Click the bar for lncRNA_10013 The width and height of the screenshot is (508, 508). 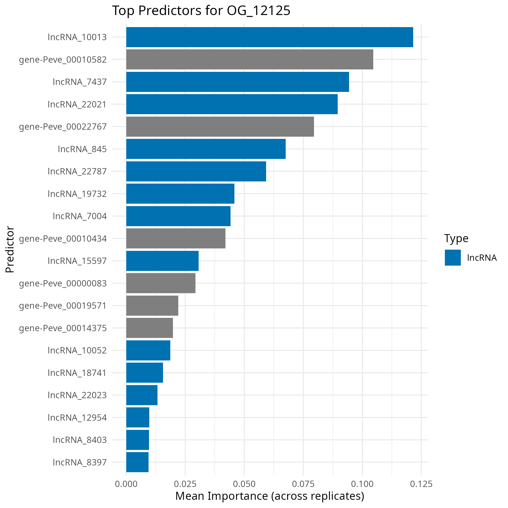click(x=269, y=37)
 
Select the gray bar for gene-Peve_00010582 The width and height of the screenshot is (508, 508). click(x=250, y=60)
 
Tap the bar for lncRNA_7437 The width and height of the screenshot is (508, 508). click(x=238, y=82)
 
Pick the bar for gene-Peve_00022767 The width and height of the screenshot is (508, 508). click(x=220, y=127)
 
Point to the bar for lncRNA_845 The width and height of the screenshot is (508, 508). click(x=206, y=149)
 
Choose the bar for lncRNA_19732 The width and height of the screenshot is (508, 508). click(x=180, y=194)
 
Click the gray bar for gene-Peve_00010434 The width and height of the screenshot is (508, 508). click(x=176, y=239)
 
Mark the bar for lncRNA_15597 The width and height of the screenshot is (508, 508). click(x=162, y=261)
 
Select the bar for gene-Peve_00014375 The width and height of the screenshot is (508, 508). click(x=149, y=328)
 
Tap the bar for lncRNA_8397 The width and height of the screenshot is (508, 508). click(x=137, y=462)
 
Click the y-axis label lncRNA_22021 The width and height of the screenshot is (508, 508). click(x=77, y=105)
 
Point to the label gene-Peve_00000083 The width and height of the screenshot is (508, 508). click(x=63, y=284)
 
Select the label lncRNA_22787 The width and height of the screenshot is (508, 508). click(x=77, y=172)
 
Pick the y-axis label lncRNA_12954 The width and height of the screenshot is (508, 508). click(x=77, y=418)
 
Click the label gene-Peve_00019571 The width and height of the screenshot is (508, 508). click(x=63, y=306)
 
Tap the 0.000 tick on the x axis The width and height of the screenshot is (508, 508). click(x=126, y=484)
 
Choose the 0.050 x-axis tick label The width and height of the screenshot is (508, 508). click(x=244, y=484)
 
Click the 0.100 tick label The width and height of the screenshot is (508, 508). click(x=362, y=484)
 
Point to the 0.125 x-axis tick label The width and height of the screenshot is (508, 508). click(x=421, y=484)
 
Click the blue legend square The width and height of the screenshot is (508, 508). click(x=453, y=258)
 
